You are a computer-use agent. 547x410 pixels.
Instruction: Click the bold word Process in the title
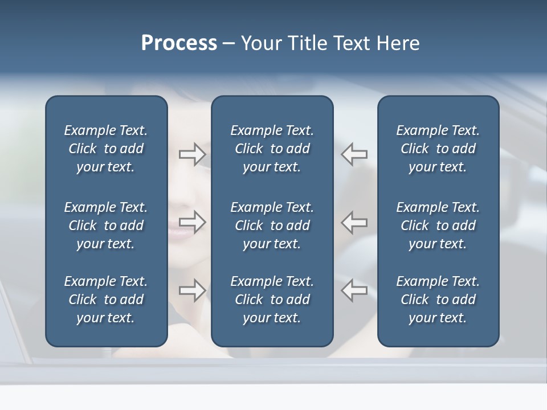(x=179, y=43)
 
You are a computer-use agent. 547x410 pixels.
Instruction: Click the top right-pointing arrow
(x=192, y=154)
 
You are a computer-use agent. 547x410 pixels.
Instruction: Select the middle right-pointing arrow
(x=192, y=222)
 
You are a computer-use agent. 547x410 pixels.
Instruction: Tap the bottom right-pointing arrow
(x=192, y=290)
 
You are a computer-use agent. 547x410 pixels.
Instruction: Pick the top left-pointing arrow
(x=354, y=154)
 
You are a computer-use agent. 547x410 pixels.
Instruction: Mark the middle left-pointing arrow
(x=354, y=222)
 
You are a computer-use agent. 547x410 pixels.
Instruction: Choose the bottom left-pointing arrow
(x=354, y=290)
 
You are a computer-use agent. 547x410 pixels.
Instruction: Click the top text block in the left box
(x=106, y=149)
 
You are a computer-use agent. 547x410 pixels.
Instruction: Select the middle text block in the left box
(x=106, y=225)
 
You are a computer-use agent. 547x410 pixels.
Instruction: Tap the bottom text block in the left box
(x=106, y=300)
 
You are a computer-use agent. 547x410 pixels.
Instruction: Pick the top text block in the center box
(x=272, y=149)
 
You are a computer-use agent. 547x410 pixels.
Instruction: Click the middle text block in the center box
(x=272, y=225)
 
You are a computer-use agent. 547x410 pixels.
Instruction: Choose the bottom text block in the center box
(x=272, y=300)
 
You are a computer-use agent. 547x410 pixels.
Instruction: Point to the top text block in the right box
(x=438, y=149)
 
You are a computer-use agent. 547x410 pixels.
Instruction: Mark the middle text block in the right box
(x=438, y=225)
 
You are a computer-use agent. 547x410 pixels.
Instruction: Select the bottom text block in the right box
(x=438, y=300)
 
